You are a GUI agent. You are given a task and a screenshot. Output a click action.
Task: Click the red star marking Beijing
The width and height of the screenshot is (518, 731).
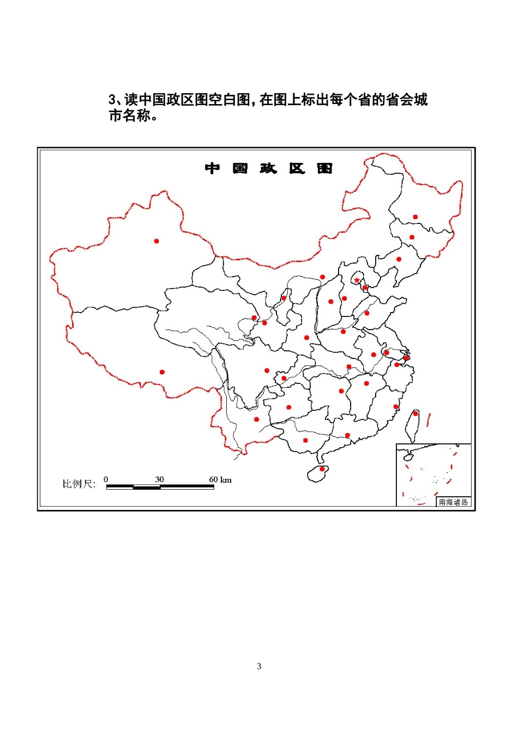357,280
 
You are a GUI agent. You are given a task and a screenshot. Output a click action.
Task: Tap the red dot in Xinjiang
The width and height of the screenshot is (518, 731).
156,241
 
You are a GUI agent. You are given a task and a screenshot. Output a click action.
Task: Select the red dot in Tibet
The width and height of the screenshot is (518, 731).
162,372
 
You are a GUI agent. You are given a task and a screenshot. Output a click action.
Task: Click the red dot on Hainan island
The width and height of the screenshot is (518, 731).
322,468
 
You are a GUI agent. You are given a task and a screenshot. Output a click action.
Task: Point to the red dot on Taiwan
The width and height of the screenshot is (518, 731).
415,413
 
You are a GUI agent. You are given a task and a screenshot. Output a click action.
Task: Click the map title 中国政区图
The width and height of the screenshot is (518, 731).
269,168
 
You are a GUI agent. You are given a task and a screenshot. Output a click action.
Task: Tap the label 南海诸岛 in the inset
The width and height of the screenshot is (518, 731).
453,502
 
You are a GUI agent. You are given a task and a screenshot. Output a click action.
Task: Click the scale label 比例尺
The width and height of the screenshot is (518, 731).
79,484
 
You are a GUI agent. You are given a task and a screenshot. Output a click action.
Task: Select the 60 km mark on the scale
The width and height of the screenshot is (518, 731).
220,479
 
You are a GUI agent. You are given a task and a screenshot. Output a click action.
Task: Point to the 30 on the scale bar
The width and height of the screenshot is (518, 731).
159,479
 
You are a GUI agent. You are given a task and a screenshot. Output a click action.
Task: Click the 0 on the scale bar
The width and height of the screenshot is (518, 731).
106,479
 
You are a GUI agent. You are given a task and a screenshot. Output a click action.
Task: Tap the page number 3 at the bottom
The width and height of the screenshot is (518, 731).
259,666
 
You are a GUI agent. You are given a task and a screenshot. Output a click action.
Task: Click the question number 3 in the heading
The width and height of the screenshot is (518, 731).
112,100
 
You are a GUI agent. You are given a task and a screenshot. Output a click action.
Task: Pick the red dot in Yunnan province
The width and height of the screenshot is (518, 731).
257,419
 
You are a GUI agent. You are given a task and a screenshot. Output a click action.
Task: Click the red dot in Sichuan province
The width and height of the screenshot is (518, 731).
267,370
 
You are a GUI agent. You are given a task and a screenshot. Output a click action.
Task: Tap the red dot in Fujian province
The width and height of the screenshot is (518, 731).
396,406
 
